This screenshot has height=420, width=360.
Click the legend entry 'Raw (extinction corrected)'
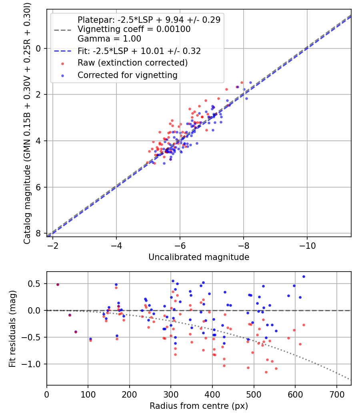point(132,63)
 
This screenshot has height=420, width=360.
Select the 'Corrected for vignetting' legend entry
point(128,75)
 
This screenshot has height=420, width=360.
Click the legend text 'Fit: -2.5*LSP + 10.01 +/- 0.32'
point(139,51)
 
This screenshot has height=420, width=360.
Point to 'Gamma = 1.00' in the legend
point(109,39)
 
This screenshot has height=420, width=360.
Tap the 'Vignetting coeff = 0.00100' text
point(134,29)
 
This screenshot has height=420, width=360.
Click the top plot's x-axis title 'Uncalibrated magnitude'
point(199,257)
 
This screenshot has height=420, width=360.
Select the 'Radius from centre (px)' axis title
point(199,406)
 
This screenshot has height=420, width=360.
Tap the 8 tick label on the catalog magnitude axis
point(39,233)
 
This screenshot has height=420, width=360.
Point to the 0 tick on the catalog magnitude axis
point(39,48)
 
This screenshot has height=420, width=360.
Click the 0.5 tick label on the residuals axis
point(36,284)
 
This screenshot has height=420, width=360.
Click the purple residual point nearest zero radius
point(58,284)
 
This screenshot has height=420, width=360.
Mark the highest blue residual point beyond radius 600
point(304,276)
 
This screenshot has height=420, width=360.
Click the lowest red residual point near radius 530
point(266,372)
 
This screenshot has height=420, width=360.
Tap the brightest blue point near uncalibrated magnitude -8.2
point(250,82)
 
